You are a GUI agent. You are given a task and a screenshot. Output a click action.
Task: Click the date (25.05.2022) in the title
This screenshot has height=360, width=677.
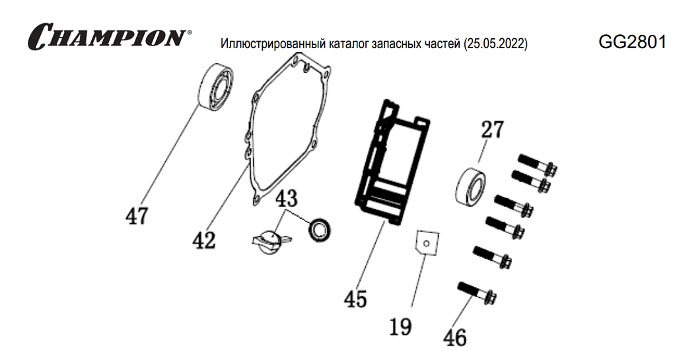coord(495,45)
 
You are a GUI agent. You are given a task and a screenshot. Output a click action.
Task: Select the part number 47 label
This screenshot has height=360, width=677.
coord(137,216)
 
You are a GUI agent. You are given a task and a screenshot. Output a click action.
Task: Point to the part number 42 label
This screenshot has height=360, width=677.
coord(204,240)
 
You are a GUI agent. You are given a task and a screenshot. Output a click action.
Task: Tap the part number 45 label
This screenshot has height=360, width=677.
coord(355,299)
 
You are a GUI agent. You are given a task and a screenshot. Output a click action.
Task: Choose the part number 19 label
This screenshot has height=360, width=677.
coord(401,326)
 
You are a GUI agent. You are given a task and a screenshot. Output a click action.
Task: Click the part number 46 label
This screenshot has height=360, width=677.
coord(454,338)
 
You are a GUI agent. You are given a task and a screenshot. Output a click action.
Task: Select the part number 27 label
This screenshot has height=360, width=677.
coord(491,129)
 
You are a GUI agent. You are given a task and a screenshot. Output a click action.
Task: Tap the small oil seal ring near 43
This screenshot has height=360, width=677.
coord(322,229)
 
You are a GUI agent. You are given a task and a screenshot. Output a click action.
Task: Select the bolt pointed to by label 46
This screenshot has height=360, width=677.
coord(476,293)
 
